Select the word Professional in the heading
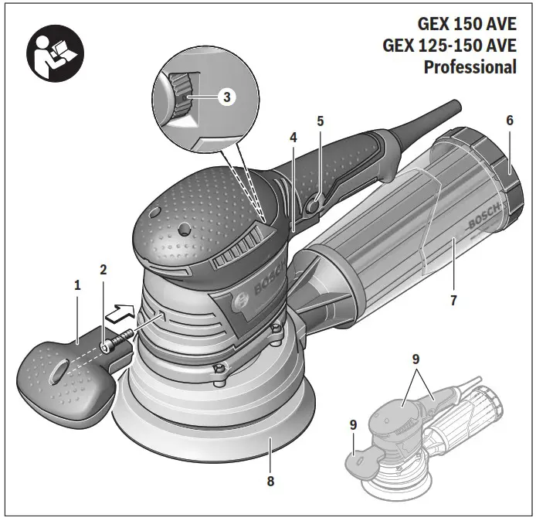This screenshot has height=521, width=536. [x=470, y=66]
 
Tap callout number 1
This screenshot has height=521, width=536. [x=77, y=285]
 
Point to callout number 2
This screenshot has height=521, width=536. [x=103, y=270]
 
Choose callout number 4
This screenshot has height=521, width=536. [x=293, y=138]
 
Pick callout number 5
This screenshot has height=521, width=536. [x=320, y=121]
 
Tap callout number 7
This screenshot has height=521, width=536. [x=454, y=299]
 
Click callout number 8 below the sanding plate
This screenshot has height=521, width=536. [x=270, y=482]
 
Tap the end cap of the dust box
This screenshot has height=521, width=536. [x=502, y=174]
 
